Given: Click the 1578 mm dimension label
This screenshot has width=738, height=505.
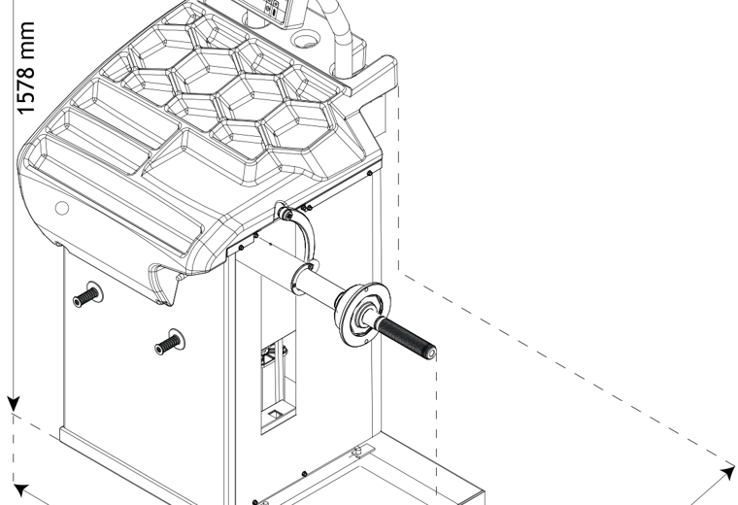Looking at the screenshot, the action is [x=26, y=68].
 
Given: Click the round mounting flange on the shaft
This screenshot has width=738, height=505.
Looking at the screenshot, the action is [x=366, y=315].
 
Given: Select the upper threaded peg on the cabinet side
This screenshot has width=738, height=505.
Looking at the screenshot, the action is [x=87, y=295].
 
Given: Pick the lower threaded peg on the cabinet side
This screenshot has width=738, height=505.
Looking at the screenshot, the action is [x=169, y=342].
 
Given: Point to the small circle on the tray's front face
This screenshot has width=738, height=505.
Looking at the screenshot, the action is [x=61, y=208].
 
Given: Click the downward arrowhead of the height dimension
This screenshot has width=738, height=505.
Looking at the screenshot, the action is [x=14, y=403].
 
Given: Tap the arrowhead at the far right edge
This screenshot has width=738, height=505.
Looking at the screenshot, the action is [x=727, y=472].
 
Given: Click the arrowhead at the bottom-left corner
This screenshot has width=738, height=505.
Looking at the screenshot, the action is [x=20, y=489].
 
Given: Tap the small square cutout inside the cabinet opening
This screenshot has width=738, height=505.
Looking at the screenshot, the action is [x=275, y=414].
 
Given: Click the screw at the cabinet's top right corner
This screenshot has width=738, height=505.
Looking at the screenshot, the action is [x=369, y=173].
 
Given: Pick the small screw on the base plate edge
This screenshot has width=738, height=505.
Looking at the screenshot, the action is [x=304, y=474].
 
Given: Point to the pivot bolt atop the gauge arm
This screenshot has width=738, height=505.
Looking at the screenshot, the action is [x=285, y=215].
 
